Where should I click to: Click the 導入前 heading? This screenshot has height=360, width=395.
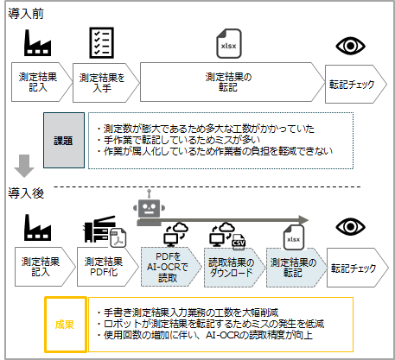pyautogui.click(x=26, y=14)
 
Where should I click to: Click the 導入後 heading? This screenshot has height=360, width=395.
pyautogui.click(x=26, y=193)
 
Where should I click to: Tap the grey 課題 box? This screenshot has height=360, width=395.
pyautogui.click(x=64, y=140)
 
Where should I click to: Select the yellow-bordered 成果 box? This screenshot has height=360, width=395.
pyautogui.click(x=66, y=325)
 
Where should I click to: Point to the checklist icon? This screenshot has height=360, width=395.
pyautogui.click(x=101, y=43)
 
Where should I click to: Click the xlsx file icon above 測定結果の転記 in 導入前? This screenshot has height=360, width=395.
pyautogui.click(x=229, y=44)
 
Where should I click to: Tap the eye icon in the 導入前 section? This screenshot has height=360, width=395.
pyautogui.click(x=350, y=46)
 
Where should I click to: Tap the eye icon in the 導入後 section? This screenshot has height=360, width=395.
pyautogui.click(x=350, y=227)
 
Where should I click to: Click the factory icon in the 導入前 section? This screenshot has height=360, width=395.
pyautogui.click(x=37, y=43)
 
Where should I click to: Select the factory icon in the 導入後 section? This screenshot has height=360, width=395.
pyautogui.click(x=37, y=228)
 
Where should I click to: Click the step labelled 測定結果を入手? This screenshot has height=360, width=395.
pyautogui.click(x=105, y=83)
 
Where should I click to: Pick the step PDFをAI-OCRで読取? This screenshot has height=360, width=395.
pyautogui.click(x=171, y=267)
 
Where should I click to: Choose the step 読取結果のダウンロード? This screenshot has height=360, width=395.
pyautogui.click(x=234, y=268)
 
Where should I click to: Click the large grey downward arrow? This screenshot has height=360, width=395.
pyautogui.click(x=24, y=166)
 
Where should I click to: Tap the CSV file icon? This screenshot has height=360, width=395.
pyautogui.click(x=239, y=241)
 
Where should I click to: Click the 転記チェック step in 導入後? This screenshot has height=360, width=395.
pyautogui.click(x=357, y=268)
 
